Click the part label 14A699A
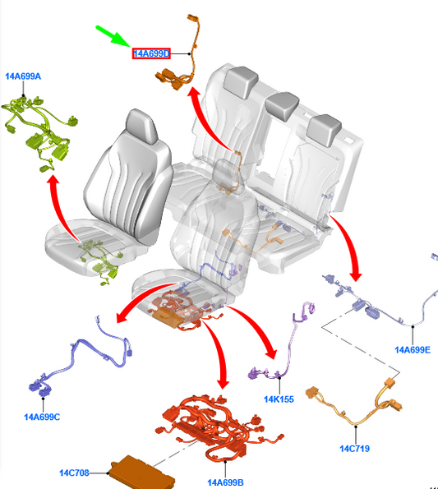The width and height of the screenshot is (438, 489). pyautogui.click(x=23, y=76)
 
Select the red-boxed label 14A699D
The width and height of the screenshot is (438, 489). pyautogui.click(x=151, y=53)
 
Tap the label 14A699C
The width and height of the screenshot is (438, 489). pyautogui.click(x=42, y=417)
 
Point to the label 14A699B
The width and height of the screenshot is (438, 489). pyautogui.click(x=225, y=482)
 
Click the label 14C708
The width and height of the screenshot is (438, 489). pyautogui.click(x=74, y=473)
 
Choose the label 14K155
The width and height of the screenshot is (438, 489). pyautogui.click(x=279, y=399)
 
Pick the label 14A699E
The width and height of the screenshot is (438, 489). pyautogui.click(x=413, y=350)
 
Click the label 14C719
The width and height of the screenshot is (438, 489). pyautogui.click(x=355, y=449)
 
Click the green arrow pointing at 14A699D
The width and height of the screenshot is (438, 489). pyautogui.click(x=113, y=36)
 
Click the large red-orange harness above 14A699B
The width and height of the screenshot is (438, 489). pyautogui.click(x=219, y=427)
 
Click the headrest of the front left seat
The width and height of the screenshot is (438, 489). pyautogui.click(x=142, y=127)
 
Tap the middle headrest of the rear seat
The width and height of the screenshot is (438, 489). pyautogui.click(x=282, y=106)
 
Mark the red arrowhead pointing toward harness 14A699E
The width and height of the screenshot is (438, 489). pyautogui.click(x=356, y=276)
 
